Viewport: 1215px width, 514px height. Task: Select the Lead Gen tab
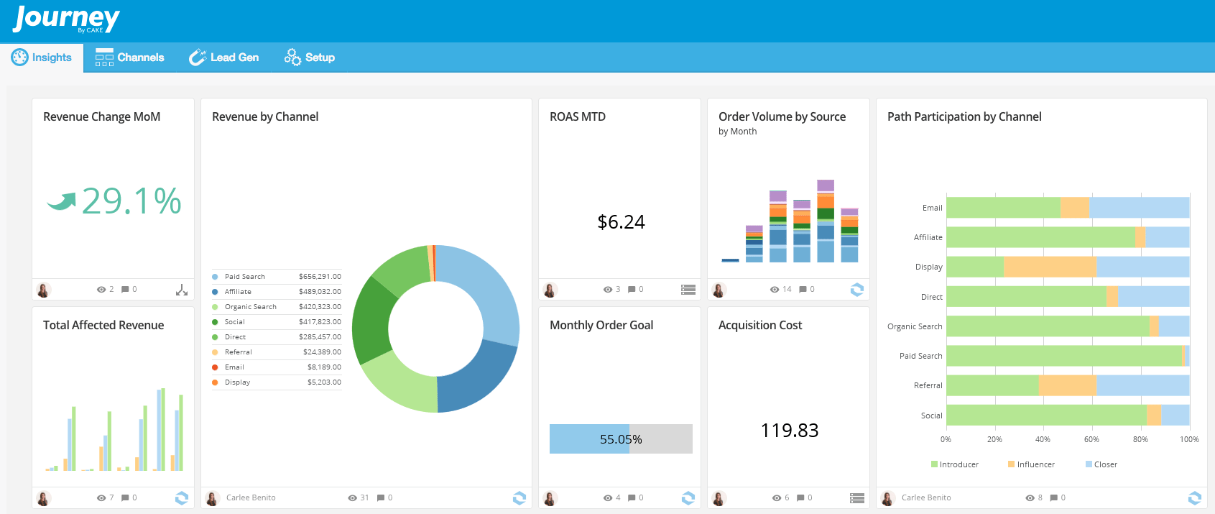coord(223,58)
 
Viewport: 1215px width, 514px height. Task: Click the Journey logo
coord(66,19)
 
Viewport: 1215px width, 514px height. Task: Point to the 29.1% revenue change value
coord(131,201)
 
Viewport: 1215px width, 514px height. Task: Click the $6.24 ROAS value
coord(621,222)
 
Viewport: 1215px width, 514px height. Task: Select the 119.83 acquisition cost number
coord(789,431)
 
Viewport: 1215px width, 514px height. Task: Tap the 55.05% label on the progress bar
coord(621,439)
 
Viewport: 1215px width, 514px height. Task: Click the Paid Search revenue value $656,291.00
coord(320,277)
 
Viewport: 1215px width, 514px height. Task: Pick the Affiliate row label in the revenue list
coord(238,292)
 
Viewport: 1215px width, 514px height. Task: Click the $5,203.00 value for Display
coord(324,382)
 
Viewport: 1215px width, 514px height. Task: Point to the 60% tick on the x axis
coord(1091,439)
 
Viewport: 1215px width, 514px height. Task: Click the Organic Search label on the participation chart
coord(914,326)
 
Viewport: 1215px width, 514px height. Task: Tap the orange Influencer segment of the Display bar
coord(1049,267)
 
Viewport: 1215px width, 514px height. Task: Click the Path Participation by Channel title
coord(964,116)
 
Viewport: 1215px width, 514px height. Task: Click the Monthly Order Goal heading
coord(601,325)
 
